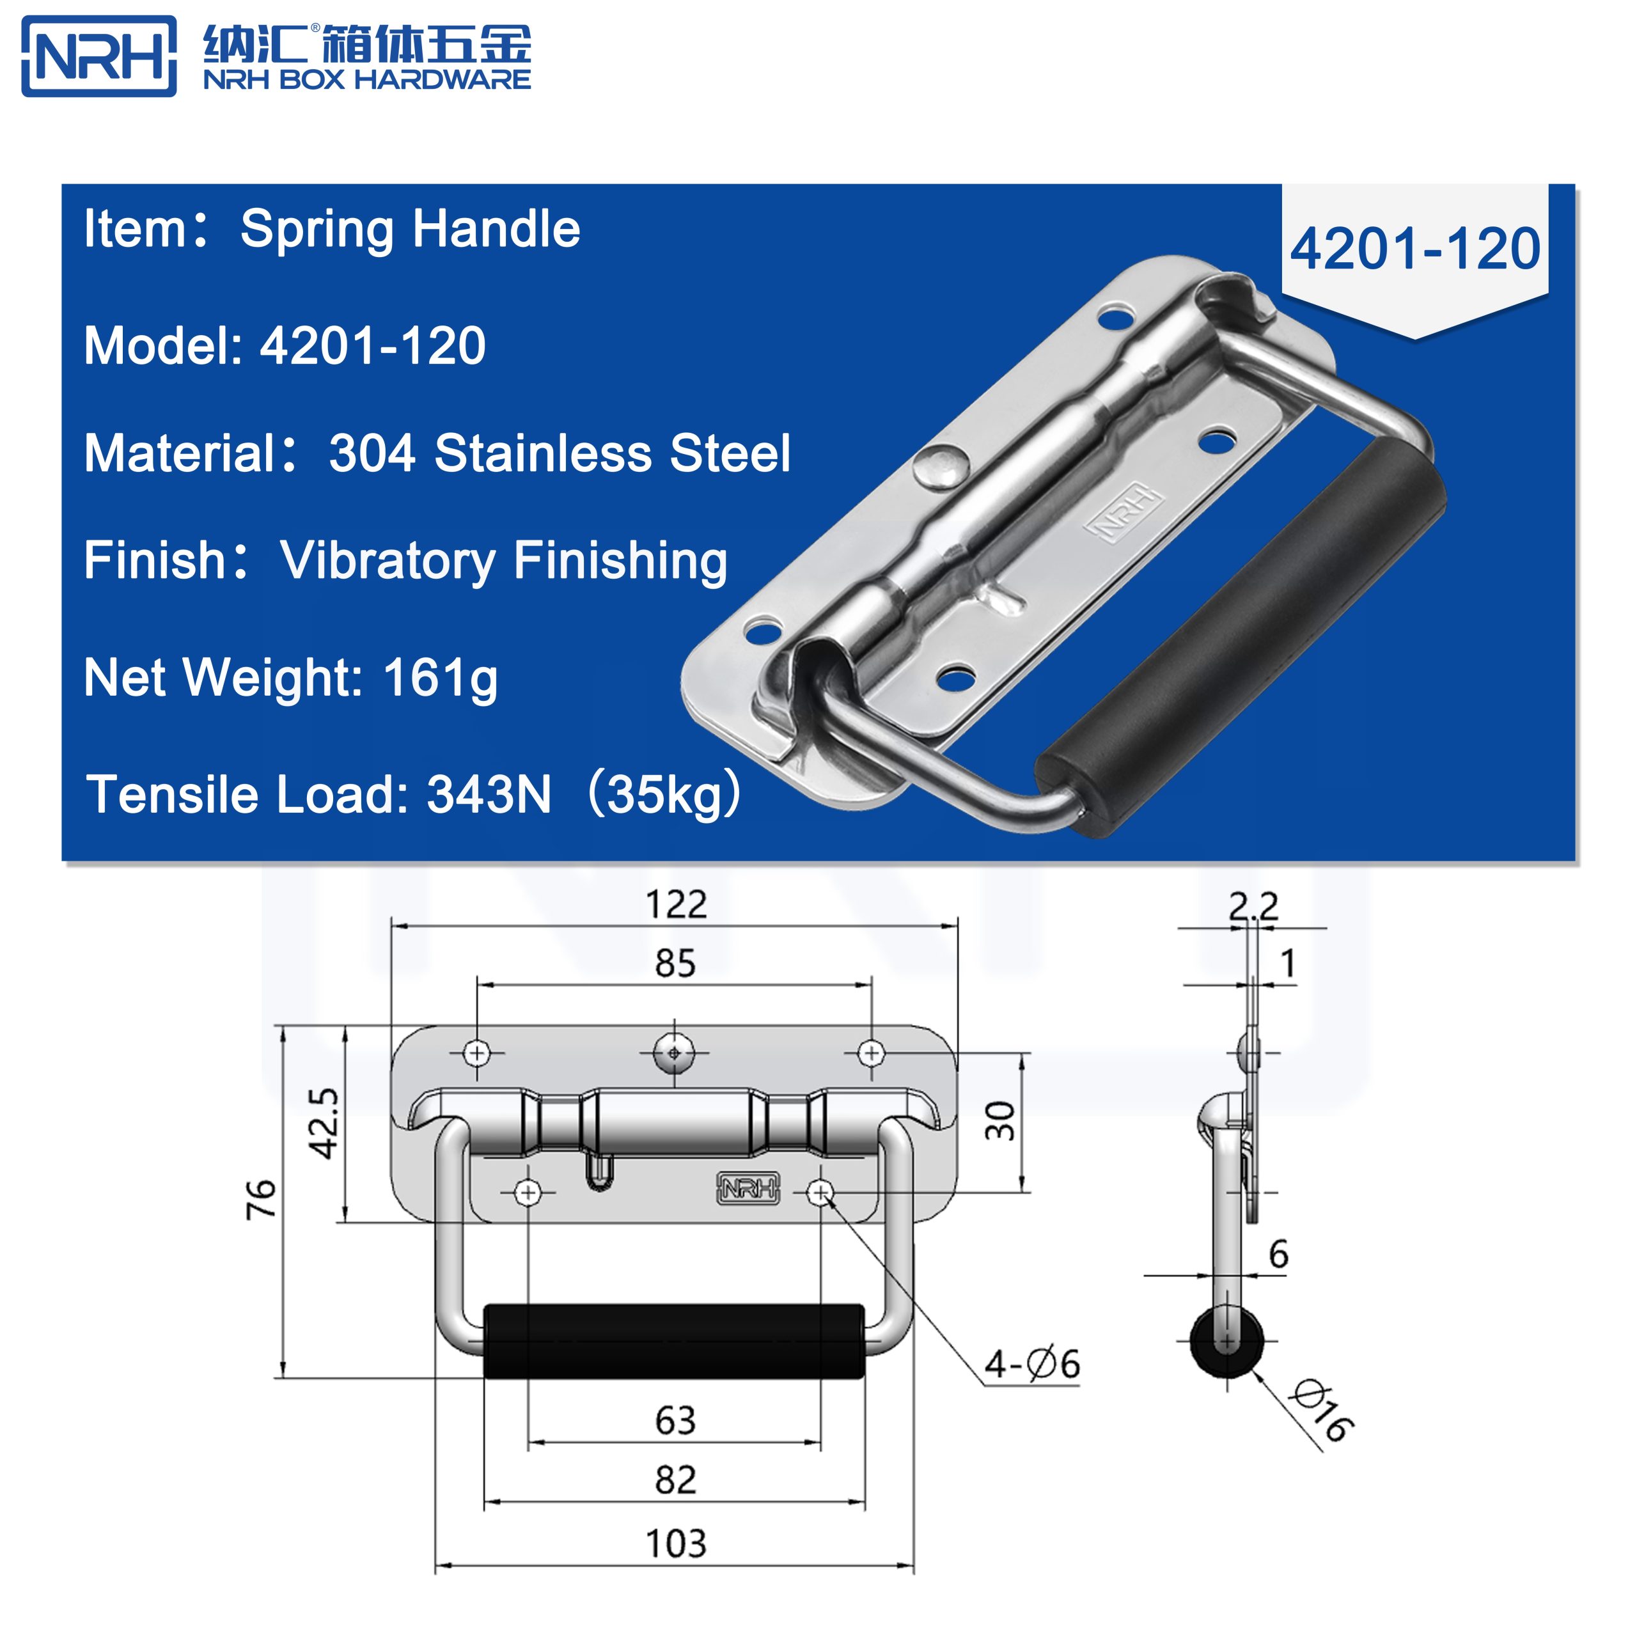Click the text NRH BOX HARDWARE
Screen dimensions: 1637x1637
367,80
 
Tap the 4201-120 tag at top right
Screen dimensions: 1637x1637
1414,249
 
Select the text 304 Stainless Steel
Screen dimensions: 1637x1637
560,453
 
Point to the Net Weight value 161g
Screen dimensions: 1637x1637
440,678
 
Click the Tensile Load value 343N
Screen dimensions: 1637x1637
489,794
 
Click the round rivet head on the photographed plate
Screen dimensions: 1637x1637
941,466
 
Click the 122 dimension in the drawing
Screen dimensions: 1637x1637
675,905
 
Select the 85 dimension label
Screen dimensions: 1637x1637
675,964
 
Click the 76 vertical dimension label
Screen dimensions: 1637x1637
262,1199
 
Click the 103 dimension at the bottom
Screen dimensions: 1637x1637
675,1544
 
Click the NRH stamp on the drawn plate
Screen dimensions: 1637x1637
748,1188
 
